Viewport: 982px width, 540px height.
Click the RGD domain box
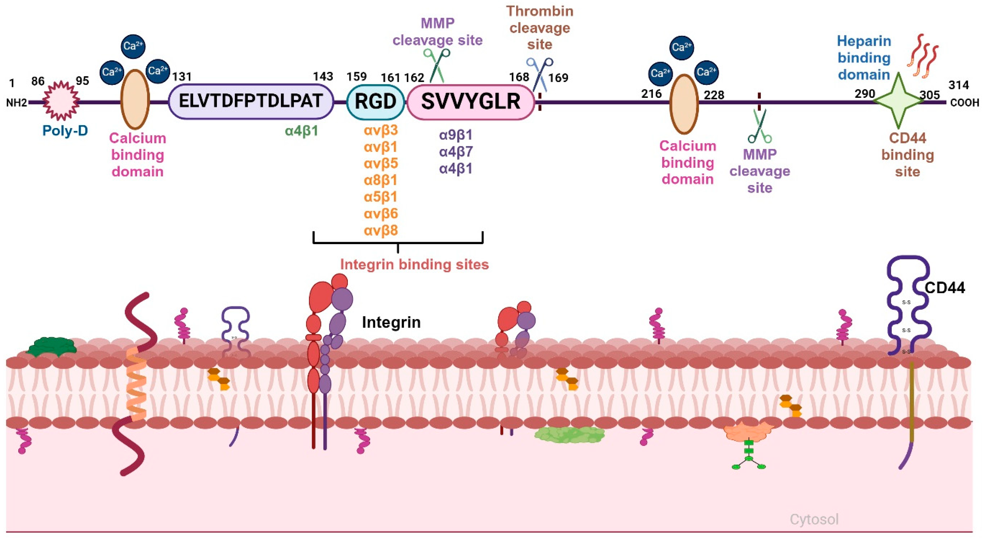pyautogui.click(x=375, y=101)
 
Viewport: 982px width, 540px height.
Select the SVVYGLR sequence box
pyautogui.click(x=470, y=101)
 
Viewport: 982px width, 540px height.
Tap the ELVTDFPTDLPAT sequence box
pyautogui.click(x=251, y=101)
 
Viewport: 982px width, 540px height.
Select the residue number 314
pyautogui.click(x=958, y=85)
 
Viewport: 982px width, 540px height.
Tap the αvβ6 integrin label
pyautogui.click(x=381, y=213)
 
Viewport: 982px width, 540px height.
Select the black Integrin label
pyautogui.click(x=391, y=323)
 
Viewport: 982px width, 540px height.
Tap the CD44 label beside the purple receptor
pyautogui.click(x=945, y=287)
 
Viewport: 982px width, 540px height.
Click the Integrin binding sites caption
pyautogui.click(x=414, y=264)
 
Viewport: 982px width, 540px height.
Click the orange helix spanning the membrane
pyautogui.click(x=136, y=386)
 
